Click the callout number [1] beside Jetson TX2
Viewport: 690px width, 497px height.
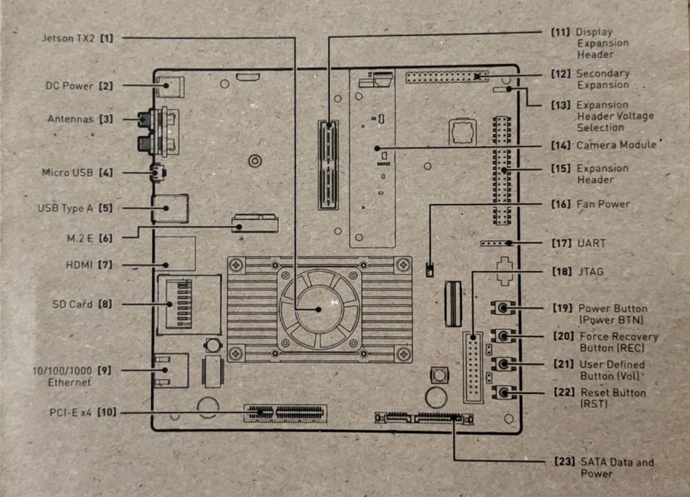point(106,38)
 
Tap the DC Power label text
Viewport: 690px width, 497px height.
point(69,86)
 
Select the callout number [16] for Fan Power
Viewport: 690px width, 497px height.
point(561,204)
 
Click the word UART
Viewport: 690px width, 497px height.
point(591,243)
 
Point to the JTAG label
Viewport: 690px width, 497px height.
point(591,272)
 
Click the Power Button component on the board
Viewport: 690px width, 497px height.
point(503,308)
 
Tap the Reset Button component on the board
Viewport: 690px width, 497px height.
point(503,393)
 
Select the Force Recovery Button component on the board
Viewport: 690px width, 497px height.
point(503,336)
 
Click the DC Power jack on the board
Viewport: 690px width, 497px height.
point(169,87)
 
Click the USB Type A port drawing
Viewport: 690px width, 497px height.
point(170,208)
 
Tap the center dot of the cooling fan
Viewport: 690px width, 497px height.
point(318,309)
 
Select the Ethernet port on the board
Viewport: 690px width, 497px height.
point(171,370)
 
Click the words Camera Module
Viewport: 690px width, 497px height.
point(616,145)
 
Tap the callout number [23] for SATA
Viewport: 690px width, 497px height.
point(564,461)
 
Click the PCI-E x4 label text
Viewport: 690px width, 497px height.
point(71,412)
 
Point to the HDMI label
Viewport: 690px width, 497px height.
point(79,265)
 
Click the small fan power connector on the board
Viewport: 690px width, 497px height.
point(430,270)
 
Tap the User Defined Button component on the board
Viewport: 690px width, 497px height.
point(503,364)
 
